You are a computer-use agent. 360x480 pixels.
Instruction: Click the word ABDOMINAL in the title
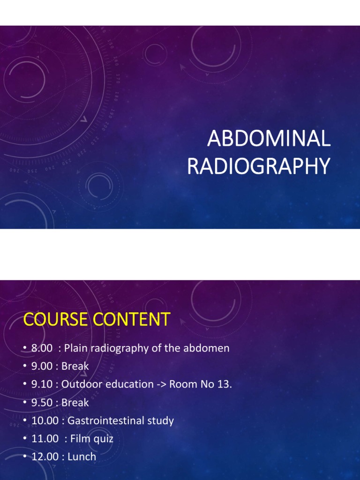point(269,139)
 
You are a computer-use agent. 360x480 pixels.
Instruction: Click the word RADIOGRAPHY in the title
point(258,166)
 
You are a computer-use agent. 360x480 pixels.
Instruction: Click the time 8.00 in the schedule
point(41,348)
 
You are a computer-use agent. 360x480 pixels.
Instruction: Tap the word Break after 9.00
point(75,366)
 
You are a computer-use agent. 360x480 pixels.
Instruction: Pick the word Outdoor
point(81,384)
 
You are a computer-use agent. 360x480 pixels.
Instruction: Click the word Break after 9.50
point(75,403)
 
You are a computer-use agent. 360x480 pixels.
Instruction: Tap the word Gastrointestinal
point(105,420)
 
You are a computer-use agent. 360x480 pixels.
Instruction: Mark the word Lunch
point(82,457)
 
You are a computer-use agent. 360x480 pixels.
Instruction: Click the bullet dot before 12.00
point(25,457)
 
